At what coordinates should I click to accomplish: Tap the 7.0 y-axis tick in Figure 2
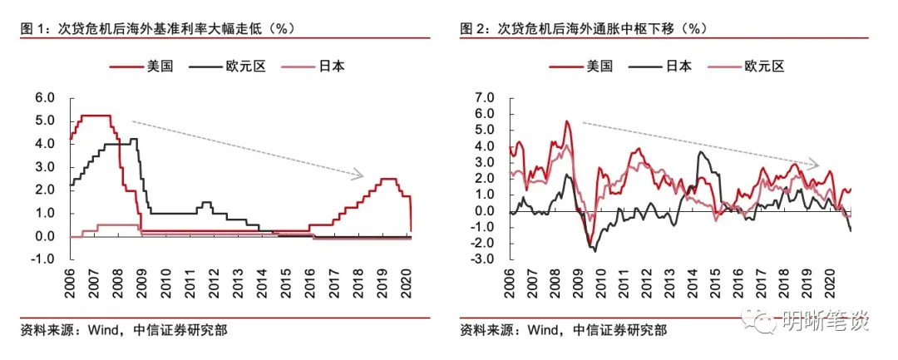pos(483,97)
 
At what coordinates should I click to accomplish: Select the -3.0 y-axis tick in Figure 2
pos(481,259)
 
